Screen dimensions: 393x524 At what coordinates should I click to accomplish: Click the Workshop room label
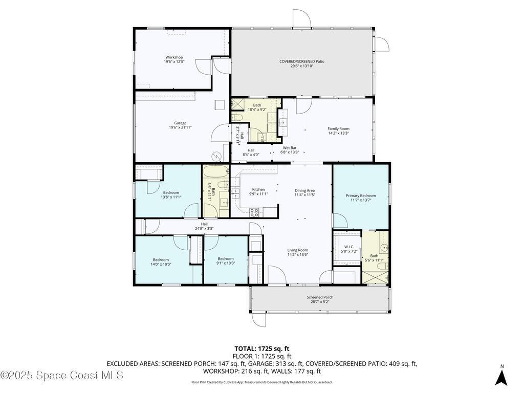(x=173, y=59)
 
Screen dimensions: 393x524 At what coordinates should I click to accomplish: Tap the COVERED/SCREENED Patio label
(x=301, y=63)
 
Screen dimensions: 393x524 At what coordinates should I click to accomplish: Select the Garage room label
(x=180, y=125)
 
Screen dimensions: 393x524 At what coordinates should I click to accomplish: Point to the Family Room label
(x=338, y=131)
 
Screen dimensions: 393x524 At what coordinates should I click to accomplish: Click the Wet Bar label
(x=290, y=150)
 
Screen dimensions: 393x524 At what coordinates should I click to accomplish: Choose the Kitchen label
(x=259, y=192)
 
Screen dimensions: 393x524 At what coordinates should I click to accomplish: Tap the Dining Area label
(x=304, y=192)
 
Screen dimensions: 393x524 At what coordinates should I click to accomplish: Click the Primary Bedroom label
(x=360, y=198)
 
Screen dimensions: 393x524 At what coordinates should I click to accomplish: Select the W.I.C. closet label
(x=347, y=250)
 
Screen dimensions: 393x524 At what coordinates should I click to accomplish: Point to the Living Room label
(x=297, y=252)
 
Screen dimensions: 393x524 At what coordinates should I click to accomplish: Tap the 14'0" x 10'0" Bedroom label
(x=162, y=261)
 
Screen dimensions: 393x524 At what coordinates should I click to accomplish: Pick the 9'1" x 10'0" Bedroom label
(x=225, y=261)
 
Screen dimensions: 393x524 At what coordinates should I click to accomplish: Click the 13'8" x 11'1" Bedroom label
(x=171, y=194)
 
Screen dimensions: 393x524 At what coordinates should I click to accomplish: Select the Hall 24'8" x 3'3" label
(x=204, y=226)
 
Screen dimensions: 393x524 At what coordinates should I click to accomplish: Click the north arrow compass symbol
(x=502, y=377)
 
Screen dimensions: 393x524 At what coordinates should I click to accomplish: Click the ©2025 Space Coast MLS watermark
(x=62, y=375)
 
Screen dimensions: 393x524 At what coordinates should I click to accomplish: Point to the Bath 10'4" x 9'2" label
(x=257, y=107)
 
